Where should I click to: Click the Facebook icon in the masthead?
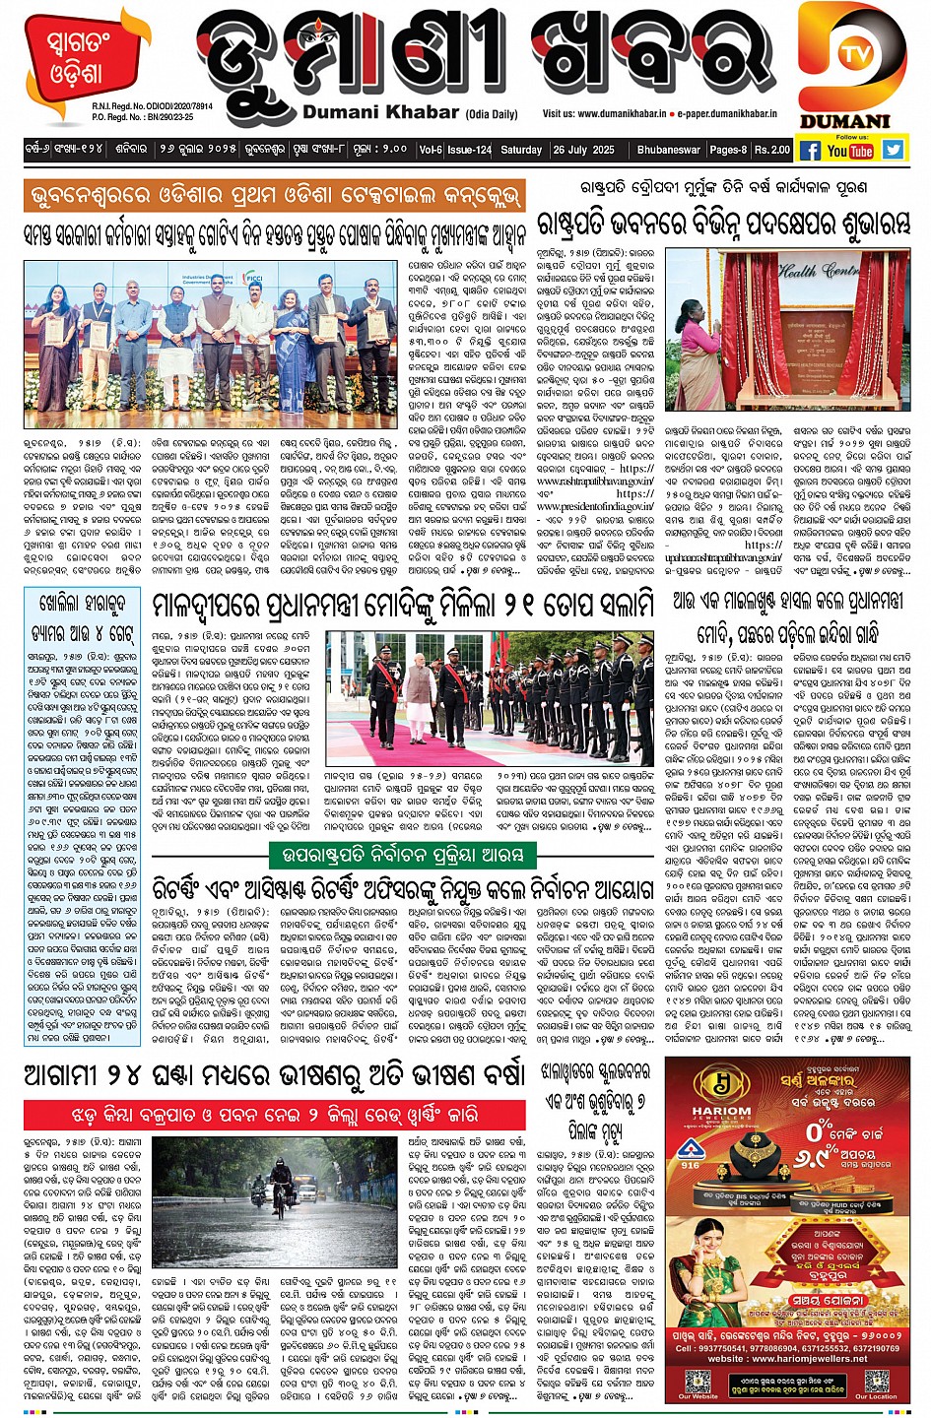[x=810, y=151]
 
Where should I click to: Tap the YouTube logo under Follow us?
[x=849, y=151]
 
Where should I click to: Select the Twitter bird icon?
[x=893, y=150]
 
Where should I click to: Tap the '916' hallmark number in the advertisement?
[x=691, y=1165]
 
